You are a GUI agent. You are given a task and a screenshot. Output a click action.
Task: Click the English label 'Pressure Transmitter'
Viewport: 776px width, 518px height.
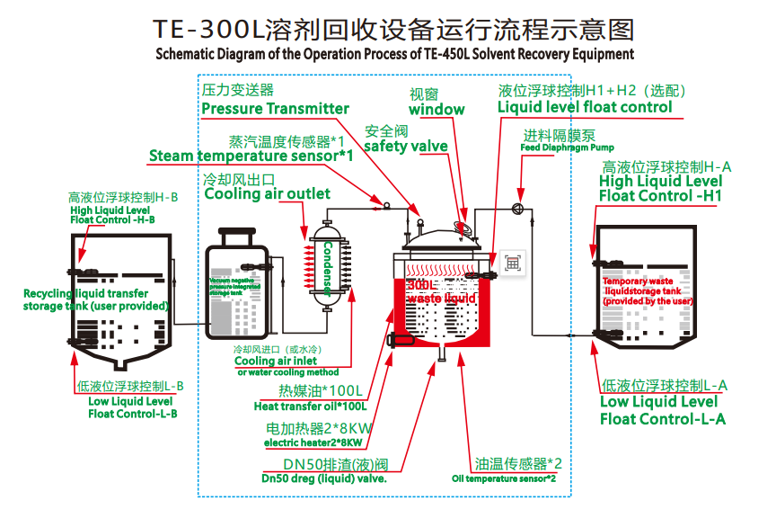[275, 109]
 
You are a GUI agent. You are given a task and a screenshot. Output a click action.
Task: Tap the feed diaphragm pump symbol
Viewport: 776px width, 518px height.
[517, 209]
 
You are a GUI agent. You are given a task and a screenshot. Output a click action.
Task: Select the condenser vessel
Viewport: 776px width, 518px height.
[327, 268]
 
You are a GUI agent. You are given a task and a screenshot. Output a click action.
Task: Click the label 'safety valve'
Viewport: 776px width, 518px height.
[406, 147]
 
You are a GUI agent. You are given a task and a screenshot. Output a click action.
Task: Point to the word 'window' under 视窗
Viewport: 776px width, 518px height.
[436, 110]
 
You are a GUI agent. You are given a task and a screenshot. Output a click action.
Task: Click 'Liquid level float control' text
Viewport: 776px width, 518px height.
[585, 107]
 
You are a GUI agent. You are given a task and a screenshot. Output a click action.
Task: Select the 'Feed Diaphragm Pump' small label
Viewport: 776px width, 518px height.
[568, 147]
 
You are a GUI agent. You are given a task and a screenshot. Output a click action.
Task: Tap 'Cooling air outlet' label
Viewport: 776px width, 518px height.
[268, 193]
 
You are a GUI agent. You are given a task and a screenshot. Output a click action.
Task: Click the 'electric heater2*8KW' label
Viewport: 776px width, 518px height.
[313, 442]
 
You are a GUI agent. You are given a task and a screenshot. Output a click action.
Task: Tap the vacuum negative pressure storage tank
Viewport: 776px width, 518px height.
[236, 286]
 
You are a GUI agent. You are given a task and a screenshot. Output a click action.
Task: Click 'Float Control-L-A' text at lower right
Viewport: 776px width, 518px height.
[662, 418]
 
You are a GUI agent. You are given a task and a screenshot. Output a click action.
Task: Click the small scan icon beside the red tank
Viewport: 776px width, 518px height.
[513, 263]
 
